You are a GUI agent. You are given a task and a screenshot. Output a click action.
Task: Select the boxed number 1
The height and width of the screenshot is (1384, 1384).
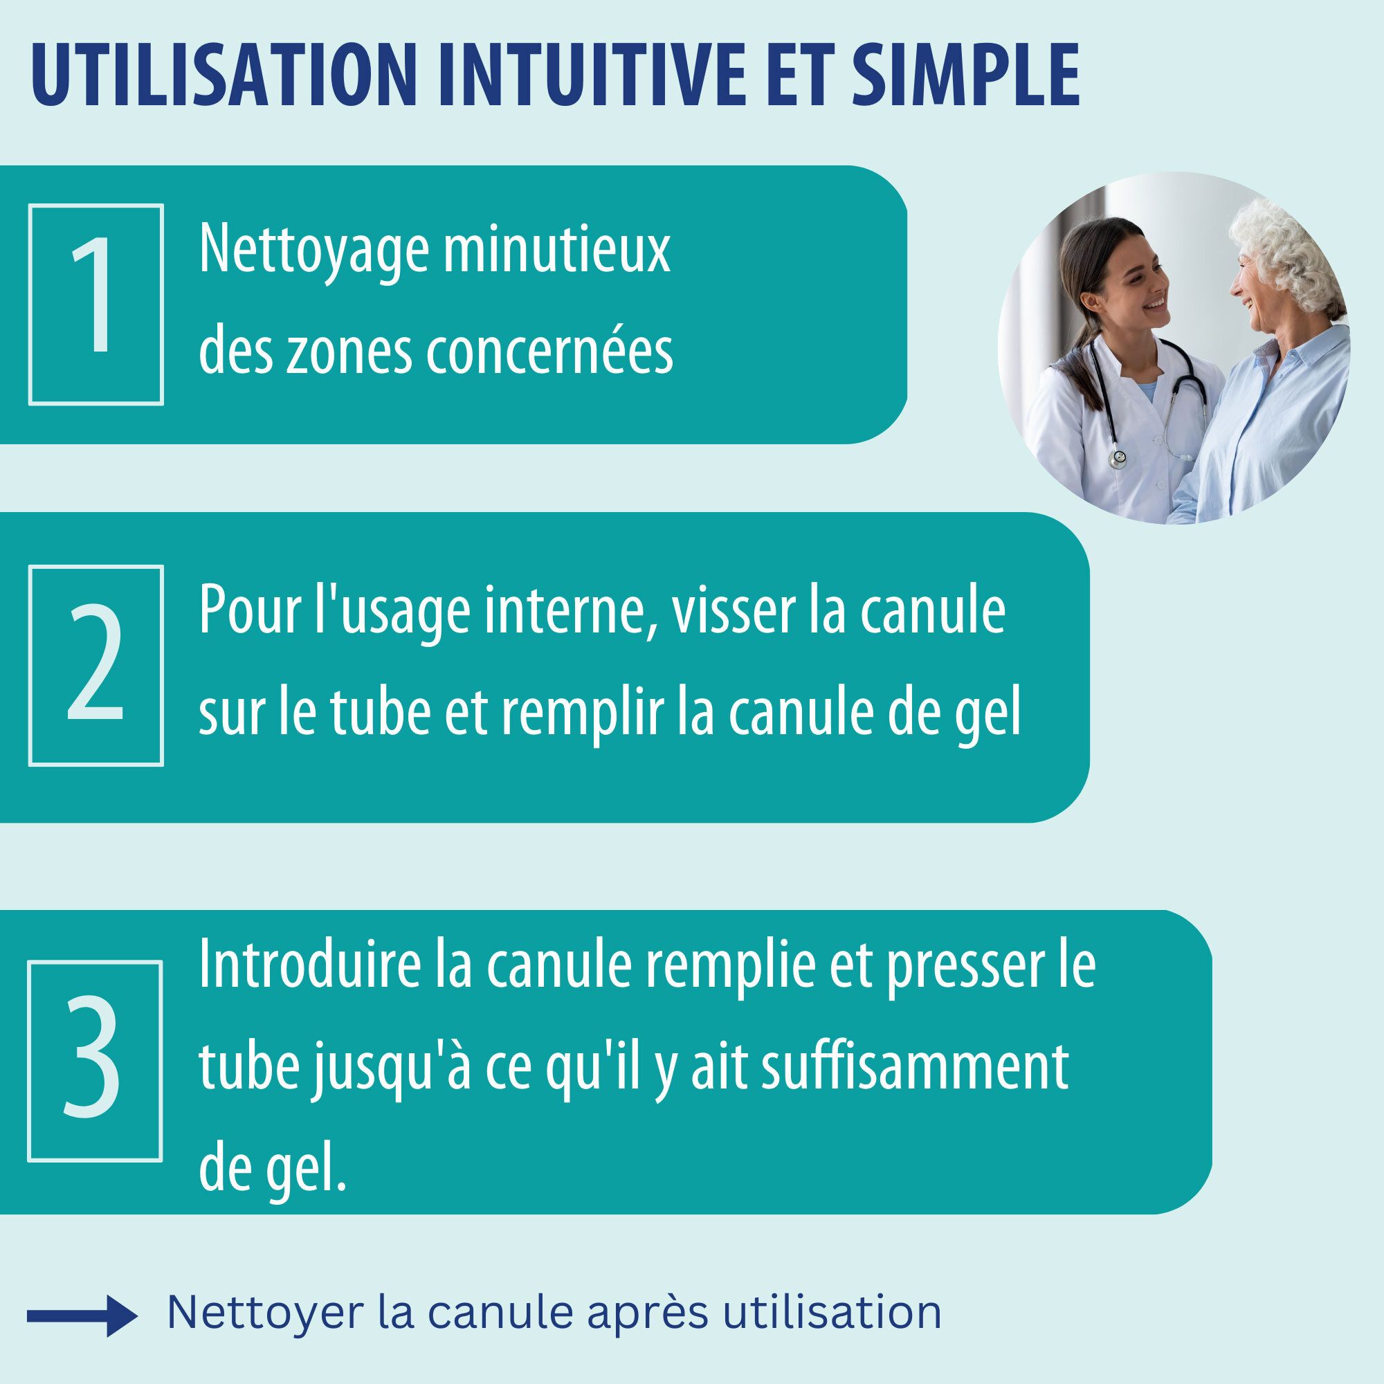pos(96,305)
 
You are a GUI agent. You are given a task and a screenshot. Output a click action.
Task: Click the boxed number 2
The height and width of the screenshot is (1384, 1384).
pos(96,665)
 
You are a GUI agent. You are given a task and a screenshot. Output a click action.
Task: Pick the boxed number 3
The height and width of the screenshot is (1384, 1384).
pos(95,1061)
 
